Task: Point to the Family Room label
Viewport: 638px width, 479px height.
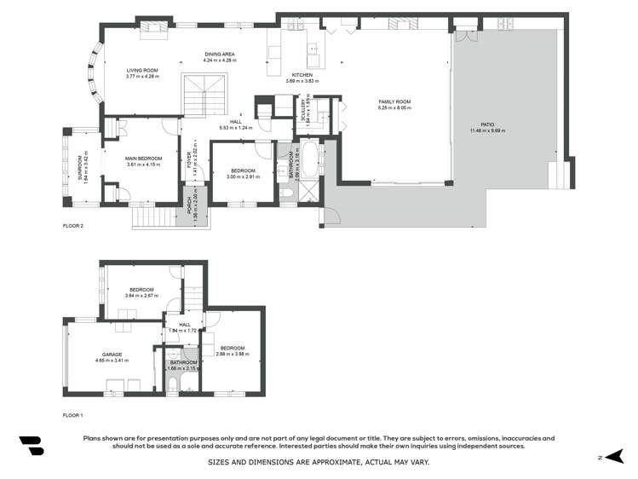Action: pos(395,101)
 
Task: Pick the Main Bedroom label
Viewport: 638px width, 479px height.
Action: pos(143,159)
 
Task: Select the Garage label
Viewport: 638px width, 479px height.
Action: pos(112,354)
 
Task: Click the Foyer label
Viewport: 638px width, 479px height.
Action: pos(190,159)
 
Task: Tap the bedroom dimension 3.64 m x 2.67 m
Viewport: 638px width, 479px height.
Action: pos(141,296)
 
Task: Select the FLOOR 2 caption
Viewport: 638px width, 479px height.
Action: pos(73,226)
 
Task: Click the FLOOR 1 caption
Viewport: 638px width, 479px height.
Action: pos(73,415)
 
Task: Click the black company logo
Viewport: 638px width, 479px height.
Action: pos(31,445)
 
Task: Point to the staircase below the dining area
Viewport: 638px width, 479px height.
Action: pos(206,93)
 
